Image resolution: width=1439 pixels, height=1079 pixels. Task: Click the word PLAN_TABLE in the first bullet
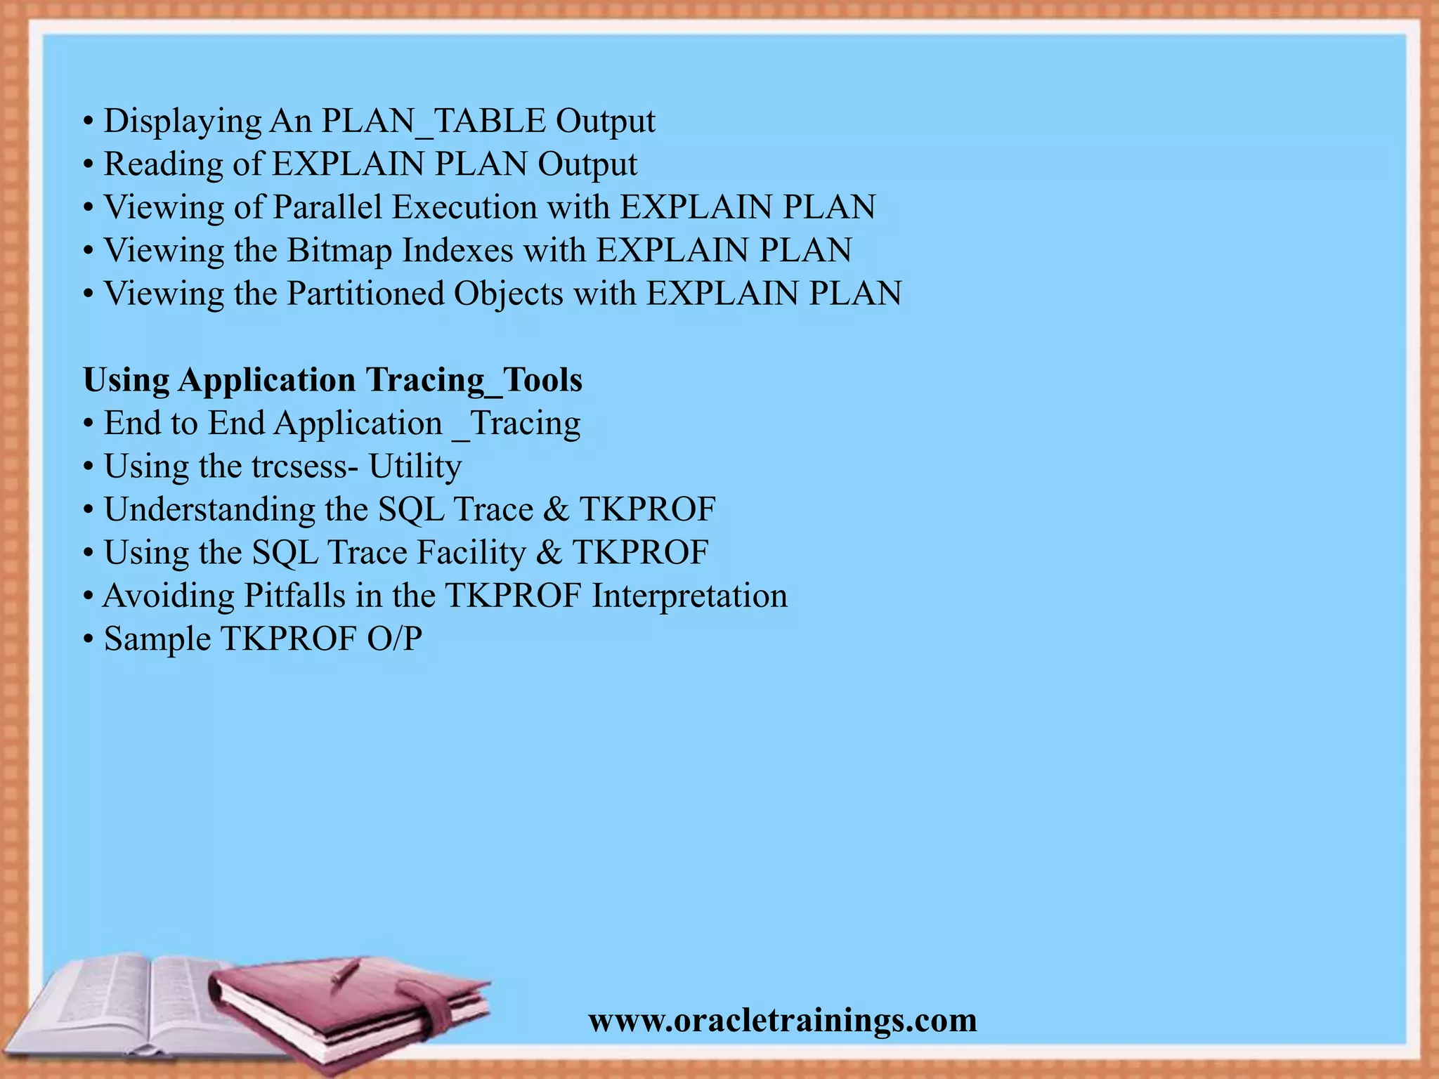point(434,121)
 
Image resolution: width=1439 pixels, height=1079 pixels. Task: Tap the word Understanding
point(209,509)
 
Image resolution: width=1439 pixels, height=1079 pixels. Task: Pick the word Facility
point(471,553)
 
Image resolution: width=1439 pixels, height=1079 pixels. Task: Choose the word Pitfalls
point(294,596)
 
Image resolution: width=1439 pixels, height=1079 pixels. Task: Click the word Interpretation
point(689,596)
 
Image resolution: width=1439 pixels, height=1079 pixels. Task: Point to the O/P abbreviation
point(394,639)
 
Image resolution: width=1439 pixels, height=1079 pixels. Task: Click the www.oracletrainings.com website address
point(783,1020)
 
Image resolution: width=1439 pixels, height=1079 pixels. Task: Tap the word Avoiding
point(169,596)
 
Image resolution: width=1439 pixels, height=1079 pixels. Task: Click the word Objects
point(509,294)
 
